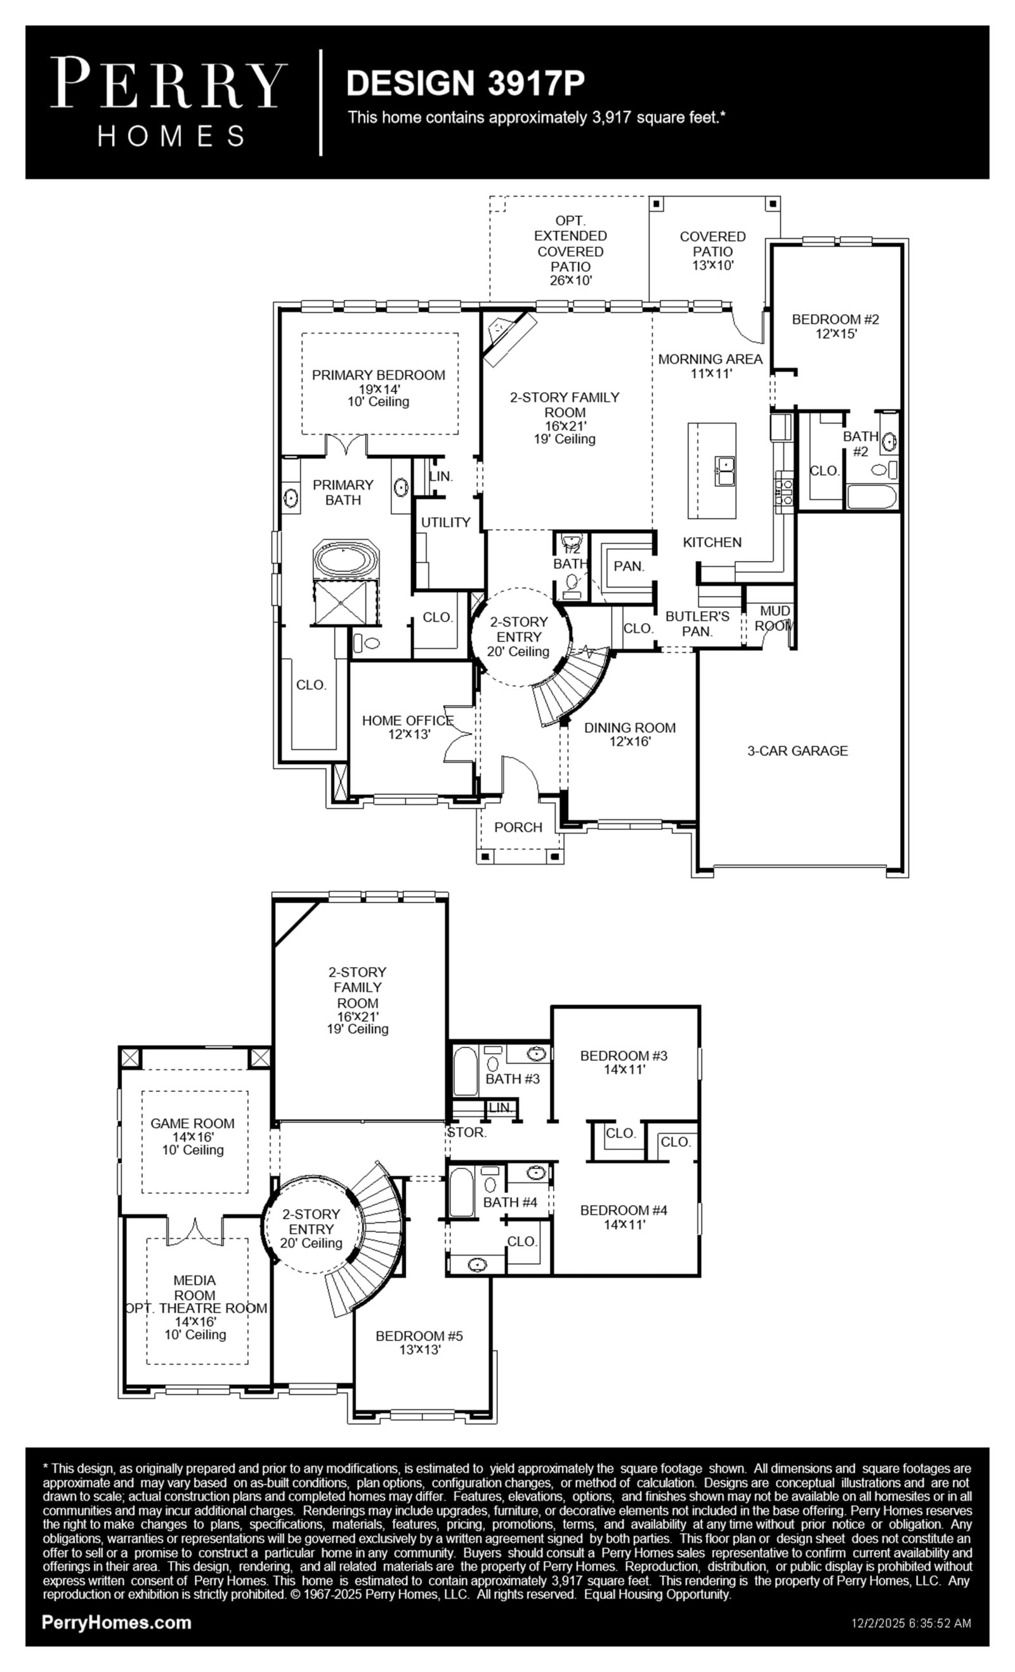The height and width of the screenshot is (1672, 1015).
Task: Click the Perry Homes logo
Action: coord(168,102)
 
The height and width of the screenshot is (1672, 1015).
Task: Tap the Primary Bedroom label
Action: coord(379,375)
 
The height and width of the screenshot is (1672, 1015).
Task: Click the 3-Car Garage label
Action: coord(797,751)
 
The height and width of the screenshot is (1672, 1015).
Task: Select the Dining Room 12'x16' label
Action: coord(630,734)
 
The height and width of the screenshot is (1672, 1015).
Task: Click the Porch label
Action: coord(518,827)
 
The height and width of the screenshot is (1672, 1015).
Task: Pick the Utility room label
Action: coord(446,522)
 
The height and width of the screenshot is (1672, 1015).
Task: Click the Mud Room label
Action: coord(774,618)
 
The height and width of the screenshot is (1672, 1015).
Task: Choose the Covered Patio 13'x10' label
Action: coord(712,251)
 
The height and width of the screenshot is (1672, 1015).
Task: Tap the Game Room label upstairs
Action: coord(193,1123)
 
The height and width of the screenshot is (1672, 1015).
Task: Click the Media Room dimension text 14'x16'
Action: coord(195,1321)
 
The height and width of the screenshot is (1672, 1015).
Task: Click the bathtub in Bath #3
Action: coord(465,1071)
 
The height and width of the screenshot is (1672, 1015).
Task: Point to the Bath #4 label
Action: coord(510,1202)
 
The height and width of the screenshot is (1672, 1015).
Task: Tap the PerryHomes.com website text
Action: coord(117,1623)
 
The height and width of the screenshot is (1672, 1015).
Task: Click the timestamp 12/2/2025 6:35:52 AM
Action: coord(911,1624)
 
